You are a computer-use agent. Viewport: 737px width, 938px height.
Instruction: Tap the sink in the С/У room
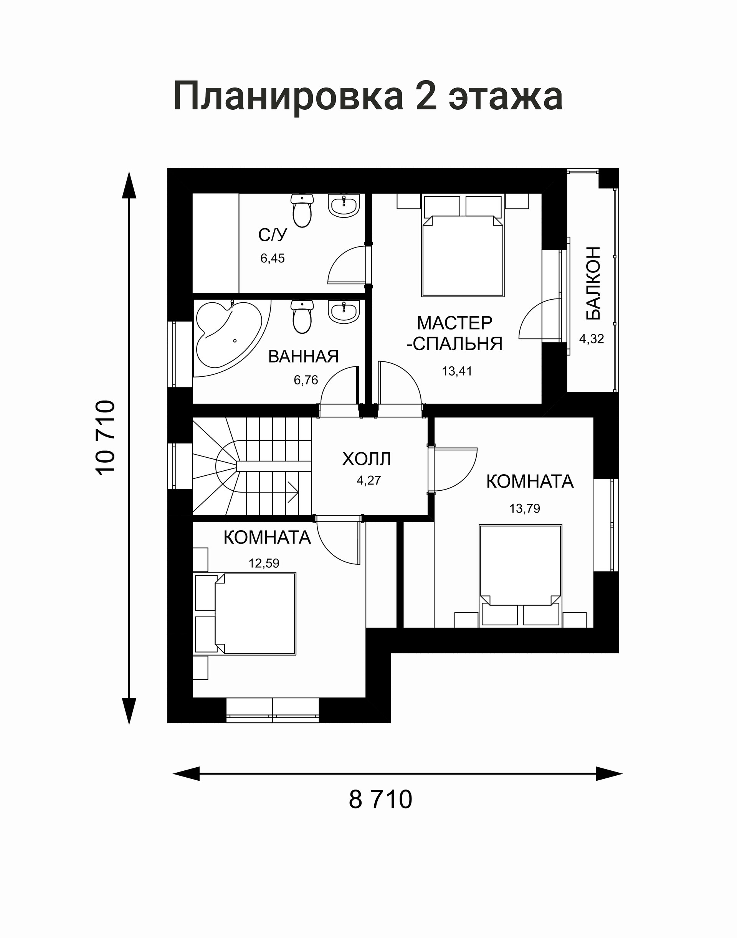point(344,205)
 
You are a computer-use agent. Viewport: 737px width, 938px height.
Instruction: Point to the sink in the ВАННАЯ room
point(344,312)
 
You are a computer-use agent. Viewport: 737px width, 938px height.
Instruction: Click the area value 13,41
point(457,371)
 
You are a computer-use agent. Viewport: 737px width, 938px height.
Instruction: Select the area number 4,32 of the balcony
point(592,339)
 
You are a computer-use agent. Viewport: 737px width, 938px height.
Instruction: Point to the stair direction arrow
point(292,492)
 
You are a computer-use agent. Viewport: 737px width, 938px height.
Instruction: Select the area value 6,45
point(272,259)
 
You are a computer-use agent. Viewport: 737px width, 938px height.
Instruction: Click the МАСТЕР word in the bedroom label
point(454,323)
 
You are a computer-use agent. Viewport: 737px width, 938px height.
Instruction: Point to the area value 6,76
point(306,380)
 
